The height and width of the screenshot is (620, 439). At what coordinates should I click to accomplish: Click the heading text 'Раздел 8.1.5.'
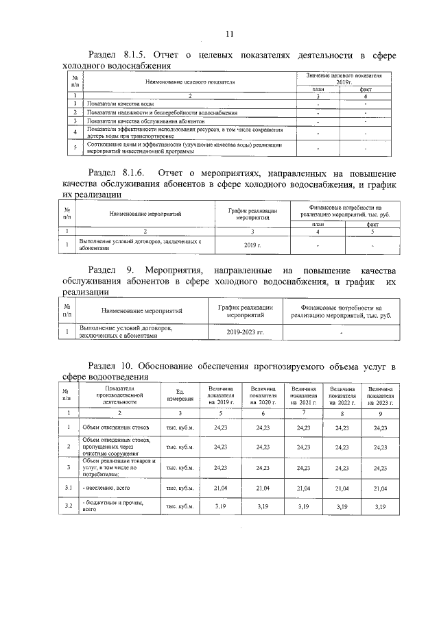(115, 55)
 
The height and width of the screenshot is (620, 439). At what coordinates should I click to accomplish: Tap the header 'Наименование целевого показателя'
(189, 82)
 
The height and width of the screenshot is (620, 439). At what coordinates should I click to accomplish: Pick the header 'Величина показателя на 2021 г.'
(302, 395)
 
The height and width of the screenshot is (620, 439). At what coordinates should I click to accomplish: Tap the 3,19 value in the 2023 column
(381, 506)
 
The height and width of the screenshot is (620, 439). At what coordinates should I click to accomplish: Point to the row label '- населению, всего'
(106, 487)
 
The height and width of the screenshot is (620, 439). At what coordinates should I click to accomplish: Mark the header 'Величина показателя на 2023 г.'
(381, 395)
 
